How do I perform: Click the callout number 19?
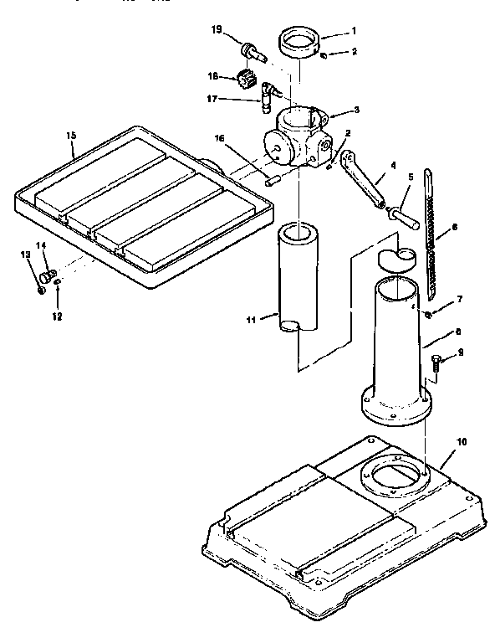click(216, 31)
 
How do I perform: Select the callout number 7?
click(459, 300)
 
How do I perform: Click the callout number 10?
click(462, 441)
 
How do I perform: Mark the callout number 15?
click(71, 136)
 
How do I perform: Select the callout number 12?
click(58, 316)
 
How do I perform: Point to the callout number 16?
click(220, 138)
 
